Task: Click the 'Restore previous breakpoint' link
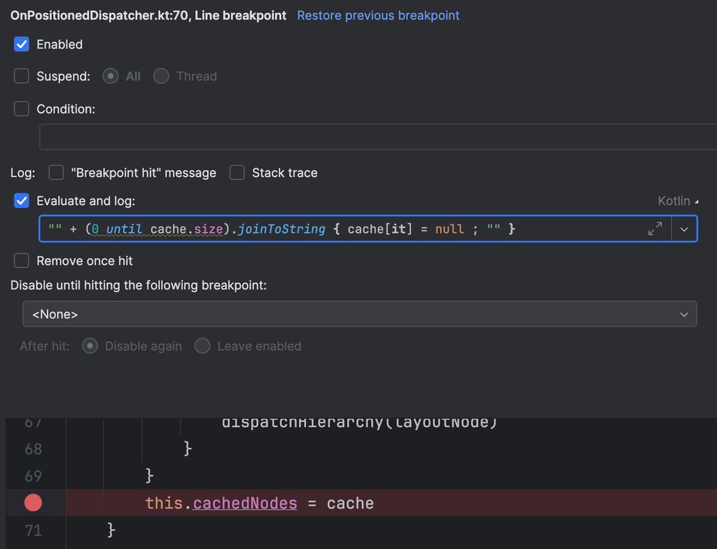tap(378, 15)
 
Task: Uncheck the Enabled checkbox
tap(22, 44)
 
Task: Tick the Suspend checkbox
tap(22, 76)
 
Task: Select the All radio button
tap(110, 76)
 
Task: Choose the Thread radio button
tap(161, 76)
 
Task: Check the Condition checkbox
tap(22, 109)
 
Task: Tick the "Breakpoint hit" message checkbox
tap(56, 173)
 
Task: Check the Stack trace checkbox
tap(237, 173)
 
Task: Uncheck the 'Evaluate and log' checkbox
tap(22, 201)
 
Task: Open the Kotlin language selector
tap(678, 201)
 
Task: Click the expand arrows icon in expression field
tap(655, 229)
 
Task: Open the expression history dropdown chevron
tap(684, 229)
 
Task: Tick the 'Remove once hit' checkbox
tap(22, 261)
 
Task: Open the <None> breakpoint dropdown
tap(359, 314)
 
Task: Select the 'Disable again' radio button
tap(90, 346)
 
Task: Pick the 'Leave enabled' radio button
tap(202, 346)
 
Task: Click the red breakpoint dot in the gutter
tap(33, 503)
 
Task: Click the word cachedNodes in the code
tap(244, 503)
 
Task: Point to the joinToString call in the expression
tap(281, 229)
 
